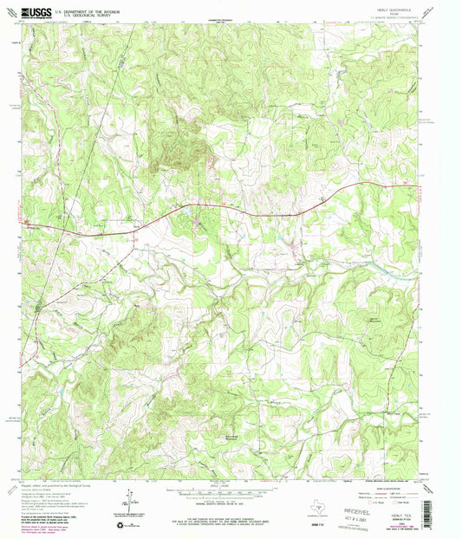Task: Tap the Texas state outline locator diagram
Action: pos(318,500)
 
